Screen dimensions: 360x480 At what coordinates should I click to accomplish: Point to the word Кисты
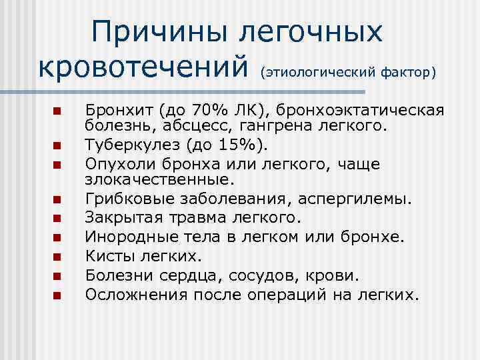[106, 255]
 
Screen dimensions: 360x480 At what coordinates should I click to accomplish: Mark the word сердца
[186, 275]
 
